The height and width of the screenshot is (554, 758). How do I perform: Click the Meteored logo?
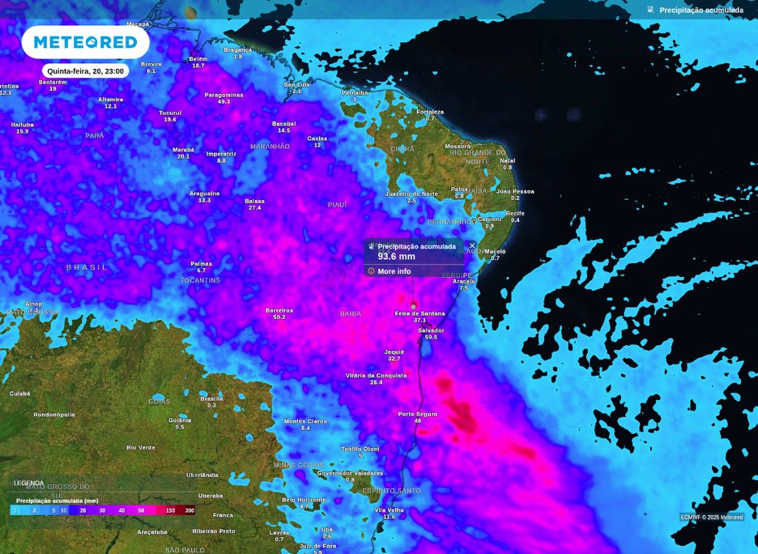point(85,42)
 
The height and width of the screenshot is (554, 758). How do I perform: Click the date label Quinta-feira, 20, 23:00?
point(85,71)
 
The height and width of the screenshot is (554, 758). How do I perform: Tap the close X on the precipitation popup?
point(472,246)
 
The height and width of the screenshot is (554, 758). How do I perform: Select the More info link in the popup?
point(394,271)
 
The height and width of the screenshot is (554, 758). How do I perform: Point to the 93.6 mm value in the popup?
point(396,256)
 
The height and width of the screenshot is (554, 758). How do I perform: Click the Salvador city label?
point(431,330)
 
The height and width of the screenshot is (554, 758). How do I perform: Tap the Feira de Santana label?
point(420,313)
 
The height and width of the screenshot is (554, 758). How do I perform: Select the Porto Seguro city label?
point(417,414)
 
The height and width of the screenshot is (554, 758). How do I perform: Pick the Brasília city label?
point(212,398)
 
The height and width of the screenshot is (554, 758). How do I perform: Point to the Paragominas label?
point(224,95)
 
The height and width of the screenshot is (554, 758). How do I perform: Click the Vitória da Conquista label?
point(376,376)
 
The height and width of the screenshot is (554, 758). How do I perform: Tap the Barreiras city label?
point(279,310)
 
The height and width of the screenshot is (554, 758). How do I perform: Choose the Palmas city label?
point(201,264)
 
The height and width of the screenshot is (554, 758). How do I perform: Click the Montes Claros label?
point(305,421)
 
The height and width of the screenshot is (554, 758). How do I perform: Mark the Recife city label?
point(515,213)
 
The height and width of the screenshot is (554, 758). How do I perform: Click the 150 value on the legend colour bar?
point(170,510)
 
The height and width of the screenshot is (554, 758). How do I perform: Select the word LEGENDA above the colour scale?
point(29,483)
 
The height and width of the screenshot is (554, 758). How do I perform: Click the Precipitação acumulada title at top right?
point(701,10)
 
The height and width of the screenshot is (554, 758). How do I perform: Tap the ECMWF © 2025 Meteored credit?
point(712,517)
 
